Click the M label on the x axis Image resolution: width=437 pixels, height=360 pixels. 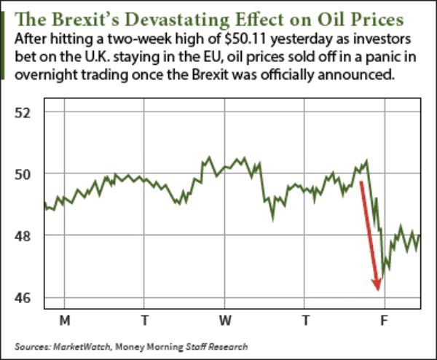(x=64, y=320)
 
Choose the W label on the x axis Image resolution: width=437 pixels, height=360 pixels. (x=225, y=320)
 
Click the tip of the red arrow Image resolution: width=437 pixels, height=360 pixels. (x=378, y=291)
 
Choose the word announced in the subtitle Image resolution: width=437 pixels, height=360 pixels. (x=351, y=76)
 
